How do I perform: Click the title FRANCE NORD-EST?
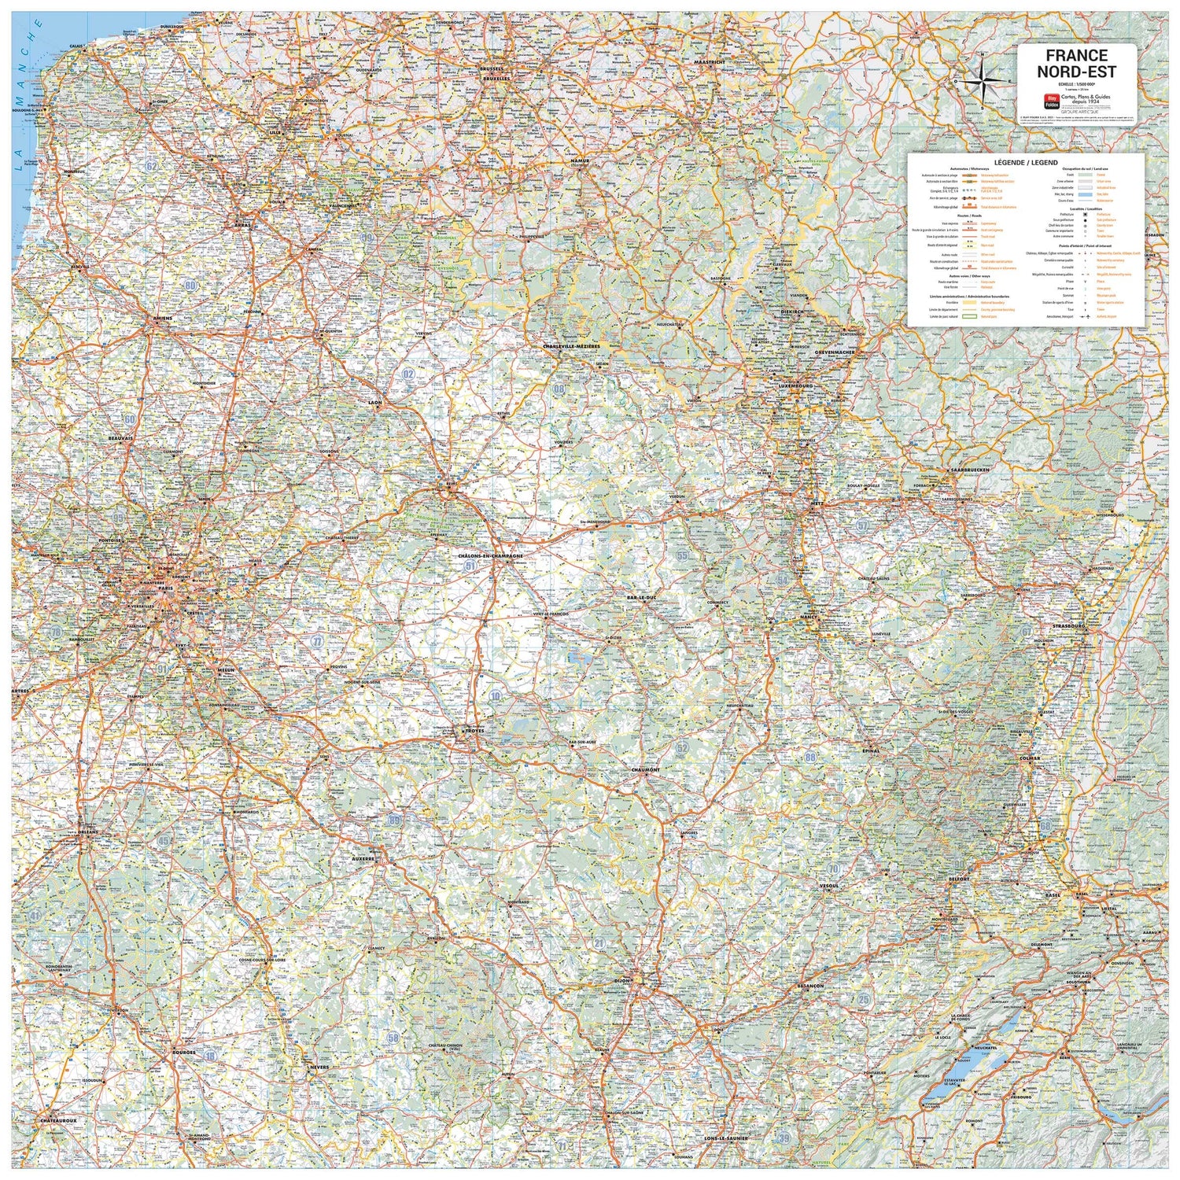1076,63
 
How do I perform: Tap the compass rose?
983,79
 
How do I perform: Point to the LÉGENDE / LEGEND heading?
1026,162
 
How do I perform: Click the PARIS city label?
164,588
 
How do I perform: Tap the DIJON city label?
622,981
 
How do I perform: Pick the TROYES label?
474,730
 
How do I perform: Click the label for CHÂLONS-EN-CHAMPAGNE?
491,555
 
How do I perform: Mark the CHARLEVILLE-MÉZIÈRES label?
571,346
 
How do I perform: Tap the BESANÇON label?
809,986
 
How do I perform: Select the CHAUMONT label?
645,770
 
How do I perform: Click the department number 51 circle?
470,566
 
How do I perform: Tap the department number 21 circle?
599,943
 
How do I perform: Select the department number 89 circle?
394,820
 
